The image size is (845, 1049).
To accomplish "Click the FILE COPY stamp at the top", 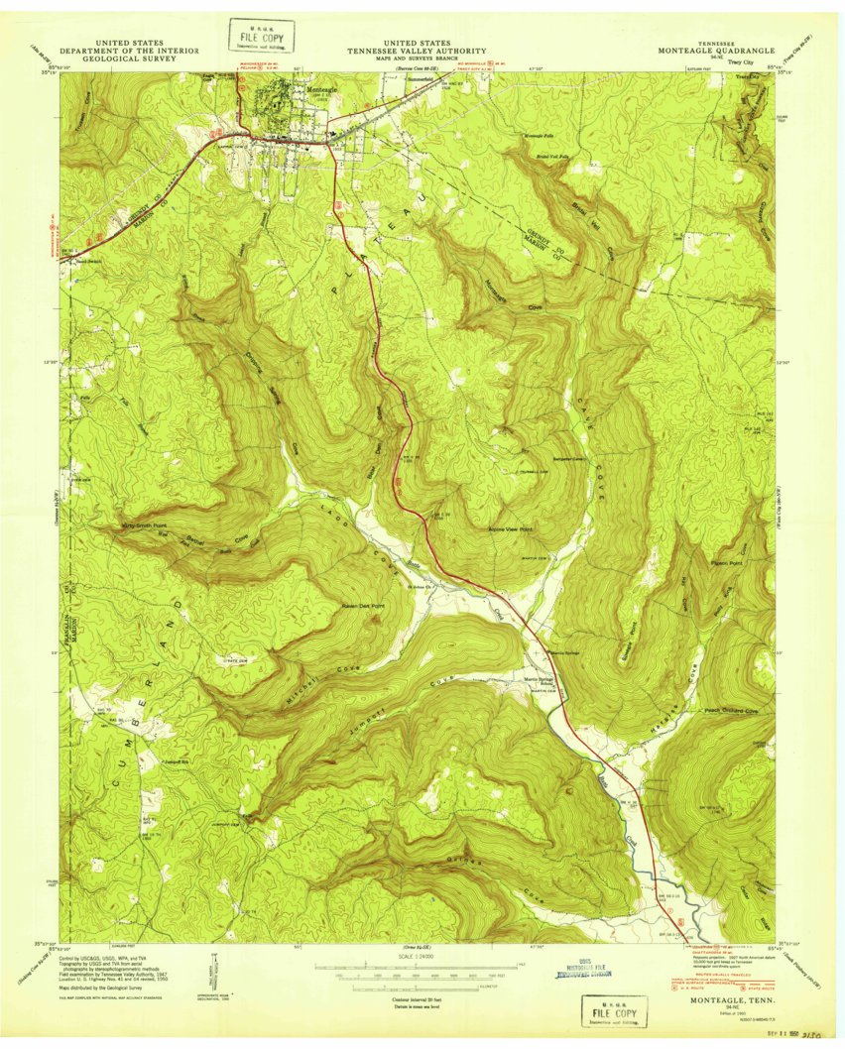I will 254,36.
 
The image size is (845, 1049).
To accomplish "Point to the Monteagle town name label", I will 322,90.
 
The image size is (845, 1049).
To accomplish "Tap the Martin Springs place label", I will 564,652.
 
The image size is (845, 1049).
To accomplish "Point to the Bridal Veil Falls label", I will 552,156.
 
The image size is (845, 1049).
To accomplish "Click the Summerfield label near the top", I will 421,78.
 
